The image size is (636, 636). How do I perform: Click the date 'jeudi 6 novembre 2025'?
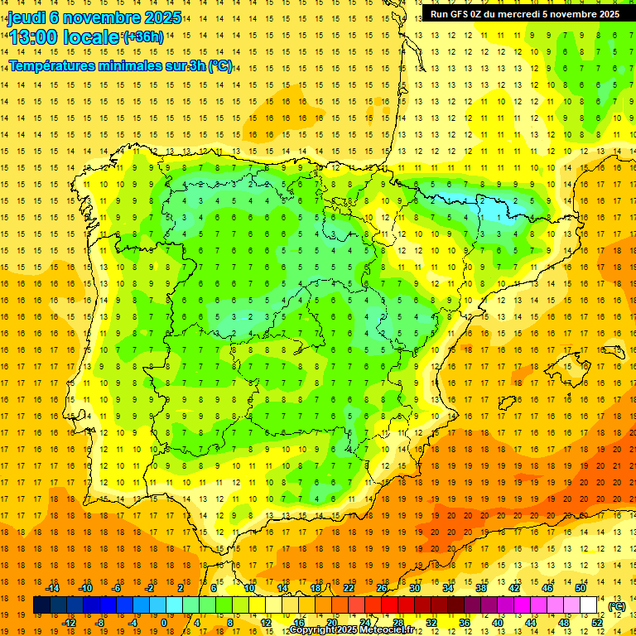[x=86, y=17]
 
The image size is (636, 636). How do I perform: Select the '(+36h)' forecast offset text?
[x=142, y=37]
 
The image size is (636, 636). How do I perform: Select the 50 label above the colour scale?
[x=581, y=587]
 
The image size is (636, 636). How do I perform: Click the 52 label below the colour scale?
[x=597, y=623]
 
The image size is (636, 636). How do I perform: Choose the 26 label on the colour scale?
[x=383, y=587]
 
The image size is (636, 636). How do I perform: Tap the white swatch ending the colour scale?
[x=588, y=605]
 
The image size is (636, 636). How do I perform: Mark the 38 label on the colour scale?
[x=481, y=587]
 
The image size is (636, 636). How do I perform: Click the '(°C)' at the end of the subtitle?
[x=220, y=66]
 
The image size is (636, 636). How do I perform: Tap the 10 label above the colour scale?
[x=250, y=587]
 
